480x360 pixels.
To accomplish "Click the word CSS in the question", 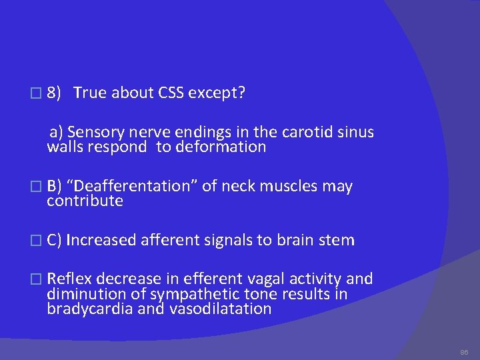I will click(x=172, y=93).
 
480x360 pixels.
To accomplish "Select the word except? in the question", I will click(x=217, y=93).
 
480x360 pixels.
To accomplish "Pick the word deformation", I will click(x=221, y=147).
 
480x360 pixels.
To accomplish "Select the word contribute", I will click(x=85, y=201).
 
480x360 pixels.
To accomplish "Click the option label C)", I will click(x=55, y=240).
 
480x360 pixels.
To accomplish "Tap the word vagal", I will click(x=253, y=279).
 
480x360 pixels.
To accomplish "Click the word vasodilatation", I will click(x=220, y=309).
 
